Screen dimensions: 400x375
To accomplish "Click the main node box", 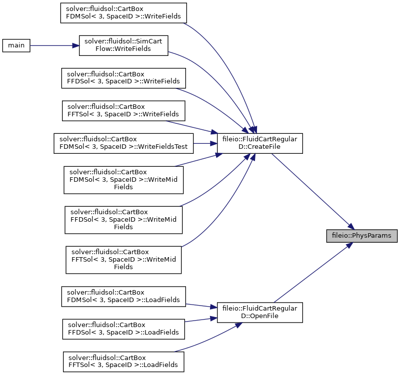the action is pyautogui.click(x=16, y=45).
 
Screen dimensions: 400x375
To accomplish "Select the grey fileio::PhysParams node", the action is pyautogui.click(x=361, y=236).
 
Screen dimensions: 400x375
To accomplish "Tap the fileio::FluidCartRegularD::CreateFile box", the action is pyautogui.click(x=259, y=143).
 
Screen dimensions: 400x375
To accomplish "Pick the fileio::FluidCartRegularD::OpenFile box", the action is pyautogui.click(x=259, y=313).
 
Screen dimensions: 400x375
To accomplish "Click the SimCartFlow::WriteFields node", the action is pyautogui.click(x=123, y=45).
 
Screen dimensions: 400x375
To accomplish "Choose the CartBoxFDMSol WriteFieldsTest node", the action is pyautogui.click(x=123, y=143).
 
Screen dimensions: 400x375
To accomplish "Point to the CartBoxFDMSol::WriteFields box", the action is pyautogui.click(x=123, y=13).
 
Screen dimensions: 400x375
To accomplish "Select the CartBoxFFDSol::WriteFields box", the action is pyautogui.click(x=123, y=78).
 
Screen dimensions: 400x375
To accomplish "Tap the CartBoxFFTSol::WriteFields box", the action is pyautogui.click(x=123, y=111).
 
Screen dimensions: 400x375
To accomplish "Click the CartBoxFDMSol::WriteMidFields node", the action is pyautogui.click(x=123, y=180).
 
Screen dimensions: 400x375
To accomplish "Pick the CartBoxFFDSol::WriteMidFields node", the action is pyautogui.click(x=123, y=220).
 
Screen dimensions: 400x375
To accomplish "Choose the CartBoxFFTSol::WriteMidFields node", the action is pyautogui.click(x=123, y=260).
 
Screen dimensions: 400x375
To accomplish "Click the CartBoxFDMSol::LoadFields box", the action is pyautogui.click(x=123, y=297).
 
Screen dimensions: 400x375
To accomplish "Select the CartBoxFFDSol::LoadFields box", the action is pyautogui.click(x=123, y=329).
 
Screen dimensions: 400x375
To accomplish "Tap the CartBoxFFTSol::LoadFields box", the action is pyautogui.click(x=123, y=362).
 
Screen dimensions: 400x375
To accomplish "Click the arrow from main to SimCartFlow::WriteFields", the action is pyautogui.click(x=54, y=45).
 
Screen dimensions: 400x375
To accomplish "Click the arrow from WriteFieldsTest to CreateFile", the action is pyautogui.click(x=205, y=143).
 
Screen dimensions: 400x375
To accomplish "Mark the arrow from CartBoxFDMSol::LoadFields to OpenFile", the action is pyautogui.click(x=201, y=306).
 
